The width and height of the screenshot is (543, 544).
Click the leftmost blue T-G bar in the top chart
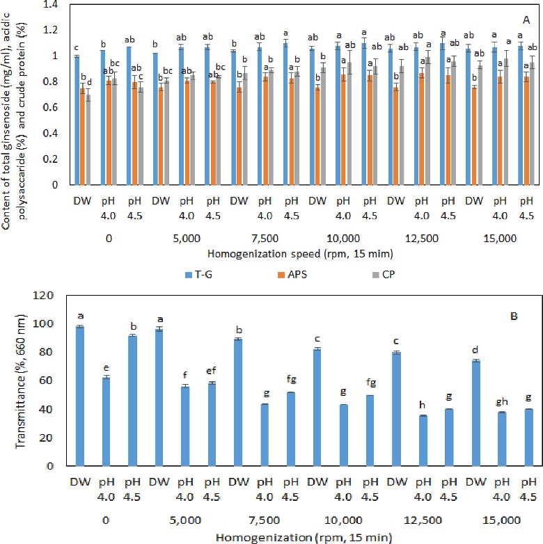77,120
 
